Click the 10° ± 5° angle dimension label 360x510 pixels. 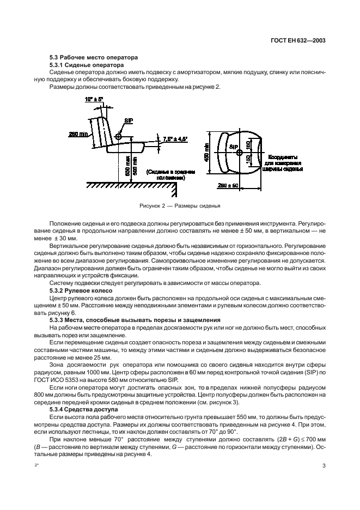[95, 100]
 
